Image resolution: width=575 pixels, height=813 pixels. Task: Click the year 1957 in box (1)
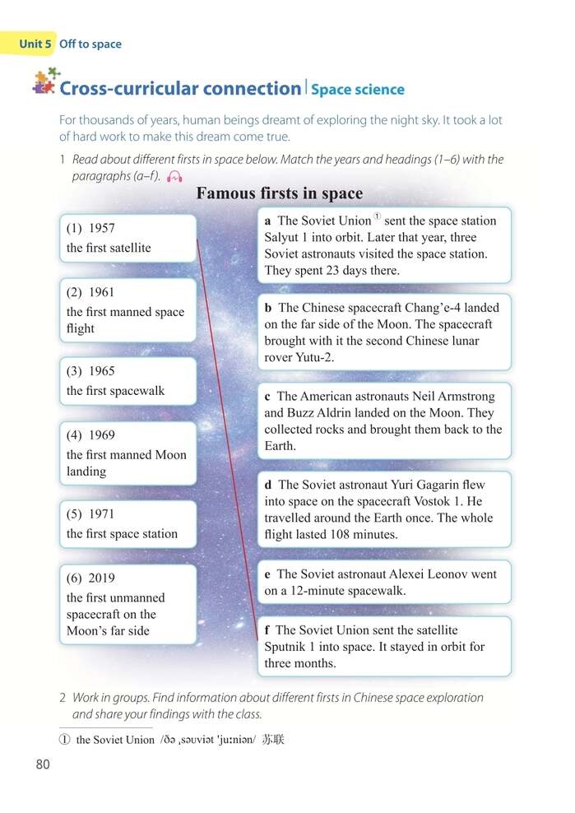point(101,228)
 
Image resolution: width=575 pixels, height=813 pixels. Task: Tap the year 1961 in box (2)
point(101,292)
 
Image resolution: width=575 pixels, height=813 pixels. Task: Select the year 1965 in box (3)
point(101,371)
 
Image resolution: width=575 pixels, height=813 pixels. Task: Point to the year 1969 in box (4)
point(101,435)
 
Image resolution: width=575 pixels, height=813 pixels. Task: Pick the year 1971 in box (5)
point(101,514)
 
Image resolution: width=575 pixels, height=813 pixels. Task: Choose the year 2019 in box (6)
point(101,578)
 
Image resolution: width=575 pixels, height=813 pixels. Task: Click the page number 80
point(44,764)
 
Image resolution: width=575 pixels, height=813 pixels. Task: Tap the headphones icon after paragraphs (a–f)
point(174,176)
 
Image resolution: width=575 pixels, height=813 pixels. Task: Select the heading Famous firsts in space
point(280,194)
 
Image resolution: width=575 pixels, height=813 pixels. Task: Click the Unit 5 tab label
point(35,44)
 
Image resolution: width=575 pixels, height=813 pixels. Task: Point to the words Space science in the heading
point(357,90)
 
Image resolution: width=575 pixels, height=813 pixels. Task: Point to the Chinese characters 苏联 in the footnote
point(273,740)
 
